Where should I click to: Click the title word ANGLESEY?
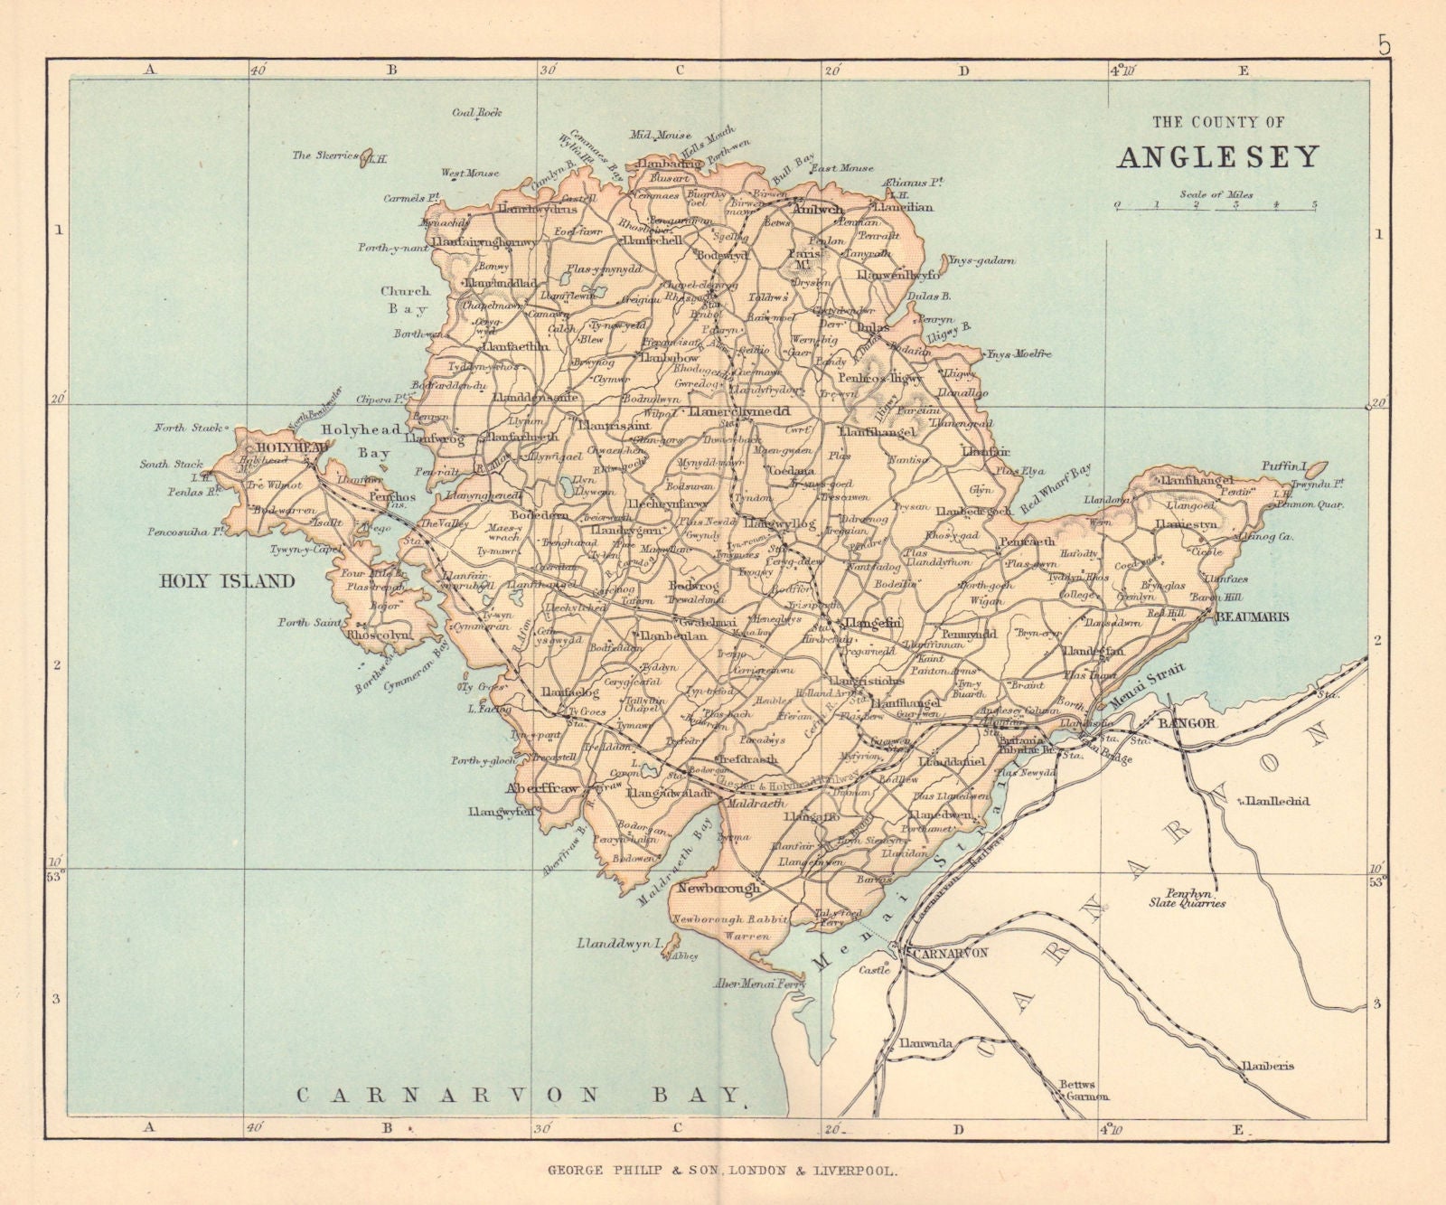(x=1217, y=156)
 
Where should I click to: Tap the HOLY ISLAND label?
(x=227, y=581)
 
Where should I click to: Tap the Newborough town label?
(x=719, y=888)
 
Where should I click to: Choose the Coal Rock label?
(x=476, y=113)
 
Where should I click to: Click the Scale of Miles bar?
(x=1216, y=205)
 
